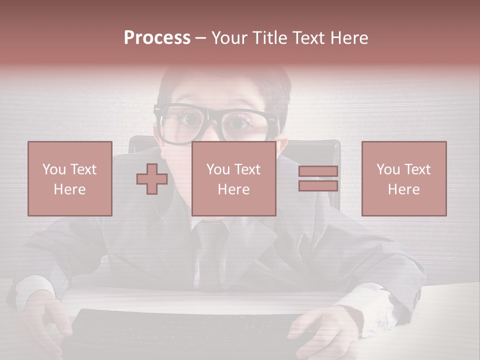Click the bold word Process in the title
coord(157,38)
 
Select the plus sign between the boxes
coord(152,178)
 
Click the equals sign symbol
coord(318,178)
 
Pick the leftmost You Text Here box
coord(70,178)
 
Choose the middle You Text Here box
coord(234,178)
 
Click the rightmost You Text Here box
coord(404,178)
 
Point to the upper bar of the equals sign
coord(318,171)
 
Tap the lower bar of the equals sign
coord(318,186)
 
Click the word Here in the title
coord(346,38)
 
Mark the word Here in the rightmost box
coord(404,189)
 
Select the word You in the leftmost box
coord(53,169)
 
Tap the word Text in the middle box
coord(247,169)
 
